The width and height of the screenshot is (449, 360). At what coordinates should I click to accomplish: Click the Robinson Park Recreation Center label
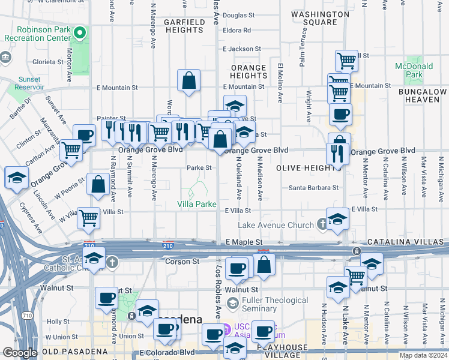(x=41, y=33)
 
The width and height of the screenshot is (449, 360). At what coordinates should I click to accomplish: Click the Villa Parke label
(x=196, y=205)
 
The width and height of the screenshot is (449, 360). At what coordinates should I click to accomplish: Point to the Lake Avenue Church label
(x=276, y=225)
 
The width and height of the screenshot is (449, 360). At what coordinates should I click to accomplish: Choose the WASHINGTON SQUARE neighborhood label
(x=319, y=18)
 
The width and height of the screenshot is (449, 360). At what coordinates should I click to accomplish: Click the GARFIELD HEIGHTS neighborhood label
(x=185, y=26)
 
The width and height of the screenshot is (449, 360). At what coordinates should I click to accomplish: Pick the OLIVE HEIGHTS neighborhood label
(x=307, y=168)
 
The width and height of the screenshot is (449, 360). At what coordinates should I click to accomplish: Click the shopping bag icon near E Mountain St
(x=188, y=81)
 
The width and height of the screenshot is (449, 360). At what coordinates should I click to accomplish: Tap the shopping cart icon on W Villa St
(x=89, y=218)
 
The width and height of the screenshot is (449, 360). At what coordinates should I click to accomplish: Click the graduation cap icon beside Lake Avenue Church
(x=338, y=219)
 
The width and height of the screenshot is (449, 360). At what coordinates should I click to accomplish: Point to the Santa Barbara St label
(x=313, y=187)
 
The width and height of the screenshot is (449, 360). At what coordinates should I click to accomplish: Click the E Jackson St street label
(x=242, y=49)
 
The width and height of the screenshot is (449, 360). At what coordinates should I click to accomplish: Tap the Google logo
(x=20, y=353)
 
